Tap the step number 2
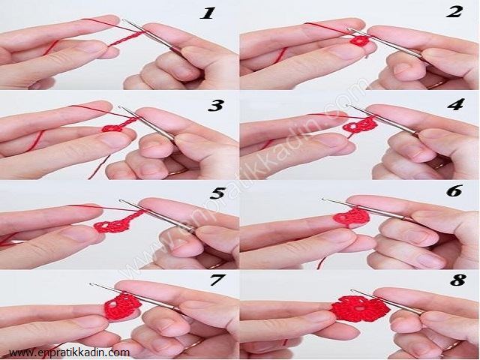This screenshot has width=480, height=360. tap(454, 13)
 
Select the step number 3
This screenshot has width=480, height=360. tap(216, 106)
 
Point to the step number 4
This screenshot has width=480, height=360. tap(456, 105)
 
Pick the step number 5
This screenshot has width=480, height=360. tap(217, 193)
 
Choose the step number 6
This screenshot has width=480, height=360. tap(454, 191)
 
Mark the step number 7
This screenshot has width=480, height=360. tap(217, 280)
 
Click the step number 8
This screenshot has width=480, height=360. tap(458, 280)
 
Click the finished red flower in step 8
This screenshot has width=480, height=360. tap(360, 308)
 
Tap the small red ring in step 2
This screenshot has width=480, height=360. tap(360, 40)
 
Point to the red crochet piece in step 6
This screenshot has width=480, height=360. tap(351, 217)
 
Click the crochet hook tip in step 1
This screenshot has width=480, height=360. tap(124, 20)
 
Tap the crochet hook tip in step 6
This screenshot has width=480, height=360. tap(323, 199)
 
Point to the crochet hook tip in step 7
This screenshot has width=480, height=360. tap(91, 284)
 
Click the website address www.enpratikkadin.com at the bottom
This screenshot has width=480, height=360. tap(69, 352)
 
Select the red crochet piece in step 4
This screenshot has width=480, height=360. tap(360, 125)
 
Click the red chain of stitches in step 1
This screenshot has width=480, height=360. tap(125, 39)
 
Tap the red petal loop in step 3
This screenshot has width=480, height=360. tap(112, 128)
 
